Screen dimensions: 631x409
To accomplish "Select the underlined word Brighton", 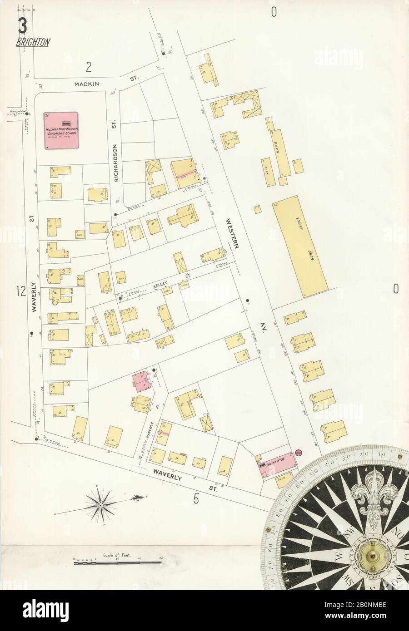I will coord(33,43).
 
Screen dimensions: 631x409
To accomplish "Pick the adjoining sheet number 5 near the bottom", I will coord(196,499).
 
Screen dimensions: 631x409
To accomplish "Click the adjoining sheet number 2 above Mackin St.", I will coord(89,68).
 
